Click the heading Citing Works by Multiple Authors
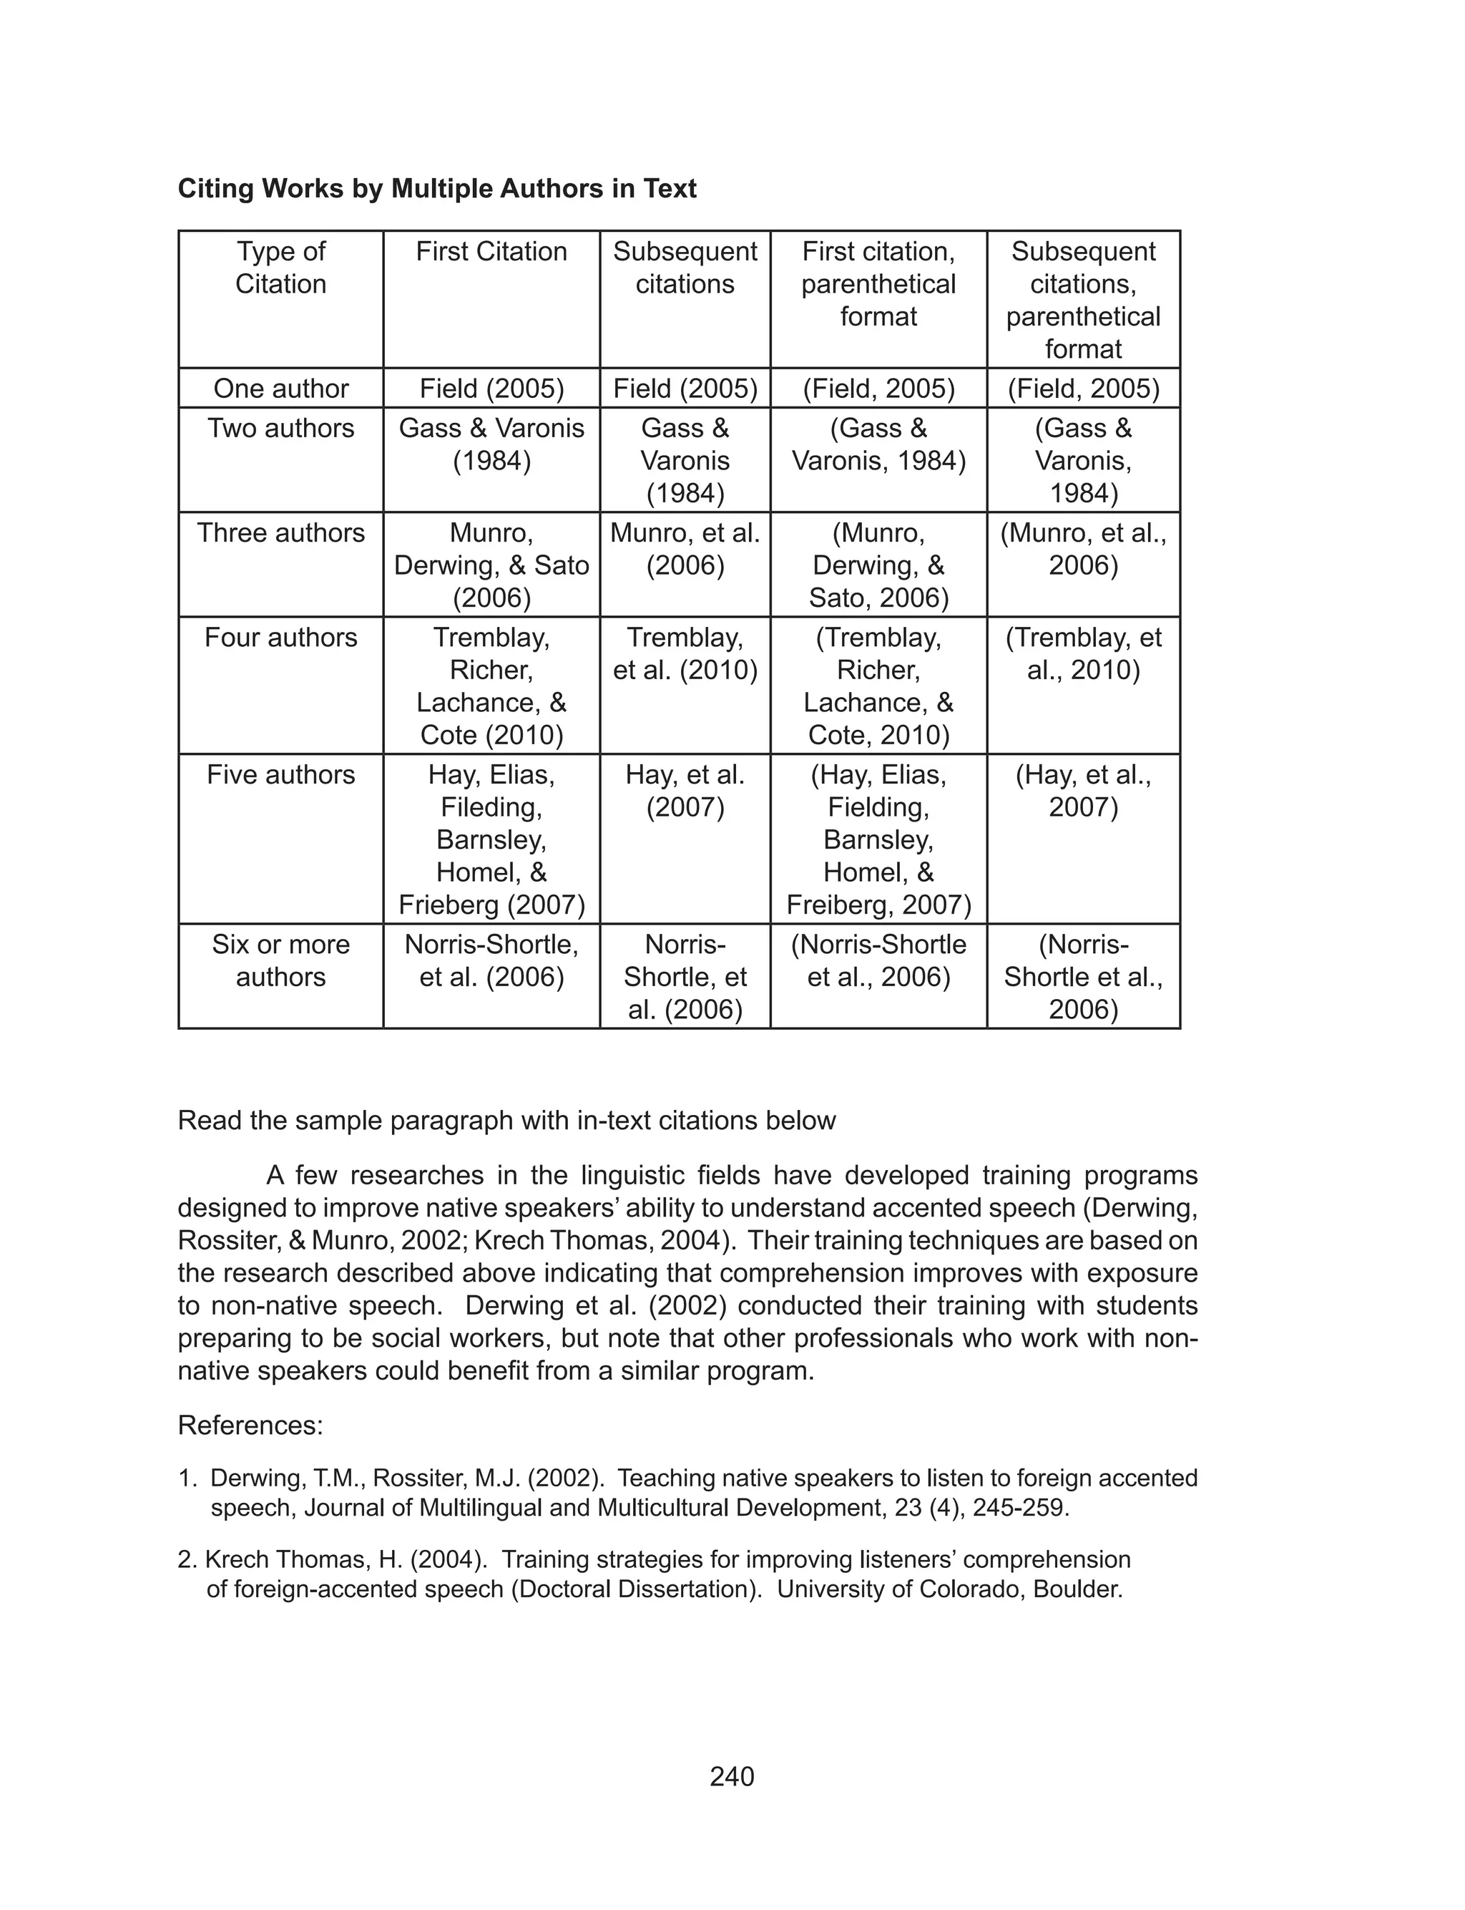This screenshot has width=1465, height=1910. tap(437, 188)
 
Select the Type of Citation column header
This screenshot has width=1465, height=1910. tap(281, 267)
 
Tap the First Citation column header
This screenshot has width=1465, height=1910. tap(491, 251)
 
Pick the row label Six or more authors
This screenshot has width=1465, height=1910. tap(281, 960)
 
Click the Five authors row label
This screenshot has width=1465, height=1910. tap(281, 774)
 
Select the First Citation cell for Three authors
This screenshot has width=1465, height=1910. tap(491, 565)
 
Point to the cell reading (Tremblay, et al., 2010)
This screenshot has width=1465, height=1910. tap(1083, 653)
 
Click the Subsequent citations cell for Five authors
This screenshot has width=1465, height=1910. tap(685, 790)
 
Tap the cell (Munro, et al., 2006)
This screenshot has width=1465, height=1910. tap(1083, 549)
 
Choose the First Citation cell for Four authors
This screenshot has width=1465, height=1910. tap(491, 686)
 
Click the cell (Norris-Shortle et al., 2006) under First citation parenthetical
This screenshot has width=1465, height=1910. tap(878, 960)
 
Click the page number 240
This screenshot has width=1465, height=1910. tap(732, 1777)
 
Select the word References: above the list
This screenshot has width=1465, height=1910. tap(250, 1425)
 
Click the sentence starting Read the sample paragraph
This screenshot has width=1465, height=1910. tap(506, 1121)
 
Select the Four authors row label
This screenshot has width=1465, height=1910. tap(281, 638)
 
